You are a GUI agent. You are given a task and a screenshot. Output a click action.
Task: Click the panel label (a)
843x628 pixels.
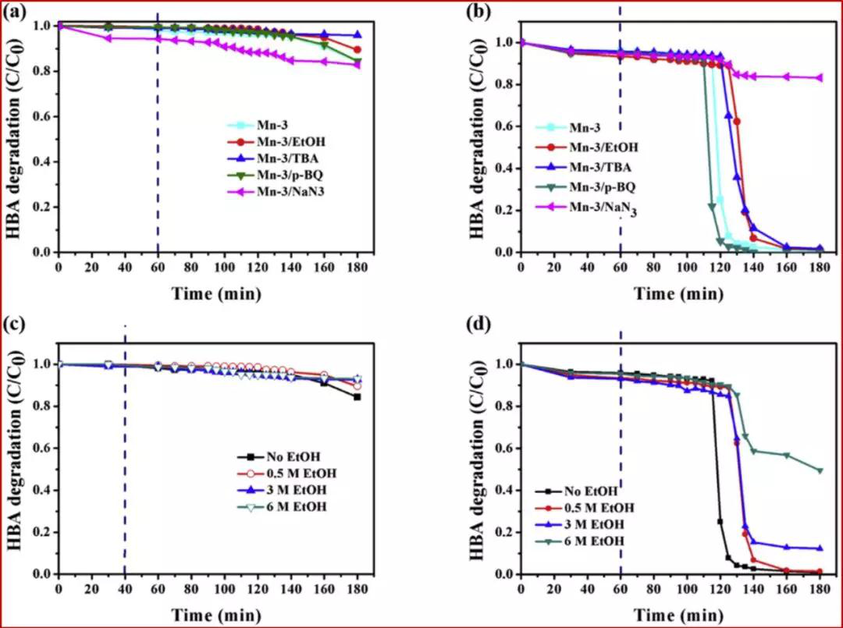click(x=18, y=13)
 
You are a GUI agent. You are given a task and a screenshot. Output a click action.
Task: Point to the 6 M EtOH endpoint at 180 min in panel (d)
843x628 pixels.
click(x=820, y=470)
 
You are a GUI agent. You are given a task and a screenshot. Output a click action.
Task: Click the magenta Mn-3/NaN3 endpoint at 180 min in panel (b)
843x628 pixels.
click(x=820, y=77)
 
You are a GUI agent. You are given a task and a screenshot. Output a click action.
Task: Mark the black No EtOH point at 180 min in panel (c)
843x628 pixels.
click(x=357, y=397)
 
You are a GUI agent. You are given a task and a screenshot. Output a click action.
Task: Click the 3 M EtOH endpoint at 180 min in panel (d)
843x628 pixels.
click(x=820, y=548)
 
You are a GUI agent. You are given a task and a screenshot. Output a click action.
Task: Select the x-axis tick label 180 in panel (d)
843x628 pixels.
click(x=820, y=589)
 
